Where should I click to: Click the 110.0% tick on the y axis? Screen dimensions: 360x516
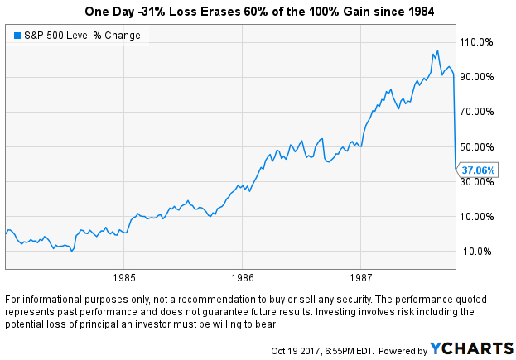pos(479,41)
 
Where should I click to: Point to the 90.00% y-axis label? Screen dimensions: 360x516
pos(479,76)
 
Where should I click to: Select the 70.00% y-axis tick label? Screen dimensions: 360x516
pos(479,111)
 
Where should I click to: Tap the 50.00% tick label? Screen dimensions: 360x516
pos(479,146)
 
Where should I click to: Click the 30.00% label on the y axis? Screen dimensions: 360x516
pos(479,181)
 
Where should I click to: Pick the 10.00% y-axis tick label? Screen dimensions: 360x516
pos(479,216)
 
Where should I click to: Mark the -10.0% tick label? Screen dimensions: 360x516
pos(479,252)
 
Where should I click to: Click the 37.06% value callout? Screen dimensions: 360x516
pos(479,170)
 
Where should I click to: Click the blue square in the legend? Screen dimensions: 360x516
pos(17,36)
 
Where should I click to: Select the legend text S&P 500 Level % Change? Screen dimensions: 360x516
pos(81,36)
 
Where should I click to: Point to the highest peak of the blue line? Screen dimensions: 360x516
pos(436,51)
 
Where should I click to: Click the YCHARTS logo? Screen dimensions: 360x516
pos(471,349)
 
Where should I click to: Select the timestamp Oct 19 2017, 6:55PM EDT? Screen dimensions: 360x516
pos(323,351)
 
